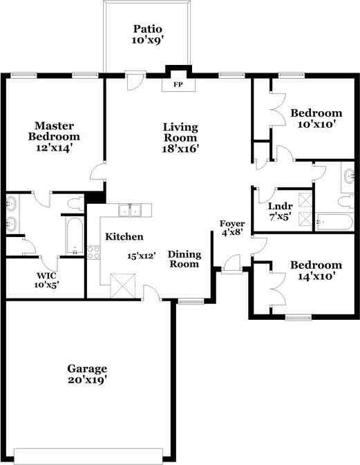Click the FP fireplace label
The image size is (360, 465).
pos(178,84)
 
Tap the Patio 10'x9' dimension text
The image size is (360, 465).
pos(148,40)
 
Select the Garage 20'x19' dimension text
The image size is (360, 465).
pos(87,380)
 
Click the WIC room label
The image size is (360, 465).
pos(46,275)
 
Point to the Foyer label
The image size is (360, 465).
pos(232,224)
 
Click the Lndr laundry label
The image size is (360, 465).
pos(281,206)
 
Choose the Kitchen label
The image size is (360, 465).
pos(124,237)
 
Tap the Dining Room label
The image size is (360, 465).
pos(184,259)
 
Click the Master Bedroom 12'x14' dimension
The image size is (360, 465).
pos(55,148)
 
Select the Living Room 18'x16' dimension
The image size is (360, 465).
pos(180,149)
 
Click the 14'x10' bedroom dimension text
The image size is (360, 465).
pos(316,276)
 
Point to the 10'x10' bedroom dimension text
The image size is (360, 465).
pos(316,124)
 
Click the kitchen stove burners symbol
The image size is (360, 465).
pos(93,252)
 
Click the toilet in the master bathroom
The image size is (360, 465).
pos(76,203)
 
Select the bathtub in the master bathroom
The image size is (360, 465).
pos(75,236)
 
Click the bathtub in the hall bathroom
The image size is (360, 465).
pos(334,222)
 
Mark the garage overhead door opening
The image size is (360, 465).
pos(88,456)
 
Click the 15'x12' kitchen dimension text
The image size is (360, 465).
pos(142,256)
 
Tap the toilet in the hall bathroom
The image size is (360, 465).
pos(346,201)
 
